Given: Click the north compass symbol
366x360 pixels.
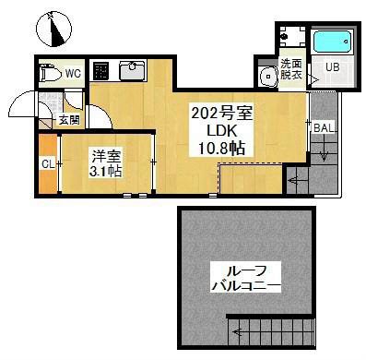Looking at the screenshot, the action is click(x=53, y=30).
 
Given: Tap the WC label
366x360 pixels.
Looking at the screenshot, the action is click(x=73, y=74).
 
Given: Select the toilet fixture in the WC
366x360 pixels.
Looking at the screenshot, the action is click(x=51, y=73).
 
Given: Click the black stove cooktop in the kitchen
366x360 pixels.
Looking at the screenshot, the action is click(x=100, y=71).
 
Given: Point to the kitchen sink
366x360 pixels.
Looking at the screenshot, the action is click(x=132, y=70).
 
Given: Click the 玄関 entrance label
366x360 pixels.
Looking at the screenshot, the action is click(x=69, y=120).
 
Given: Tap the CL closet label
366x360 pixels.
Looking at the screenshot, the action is click(x=48, y=164).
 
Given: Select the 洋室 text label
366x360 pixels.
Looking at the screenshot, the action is click(x=106, y=156).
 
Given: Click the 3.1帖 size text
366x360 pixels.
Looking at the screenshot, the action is click(x=105, y=172).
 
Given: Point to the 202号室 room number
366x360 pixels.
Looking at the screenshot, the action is click(x=222, y=114).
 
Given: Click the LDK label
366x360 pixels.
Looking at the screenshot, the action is click(x=222, y=131).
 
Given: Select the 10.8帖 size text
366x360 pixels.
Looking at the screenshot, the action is click(x=222, y=149).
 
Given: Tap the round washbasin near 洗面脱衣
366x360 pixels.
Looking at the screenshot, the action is click(x=268, y=76).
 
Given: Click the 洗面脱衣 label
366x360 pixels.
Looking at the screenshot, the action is click(x=291, y=69).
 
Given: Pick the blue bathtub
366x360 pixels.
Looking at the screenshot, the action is click(x=333, y=42).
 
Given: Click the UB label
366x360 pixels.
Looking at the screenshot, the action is click(x=332, y=67).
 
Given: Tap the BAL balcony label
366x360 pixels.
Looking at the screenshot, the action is click(x=324, y=128).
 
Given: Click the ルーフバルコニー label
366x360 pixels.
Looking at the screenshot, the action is click(x=246, y=279).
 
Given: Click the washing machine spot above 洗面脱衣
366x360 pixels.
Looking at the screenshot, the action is click(x=291, y=36).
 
